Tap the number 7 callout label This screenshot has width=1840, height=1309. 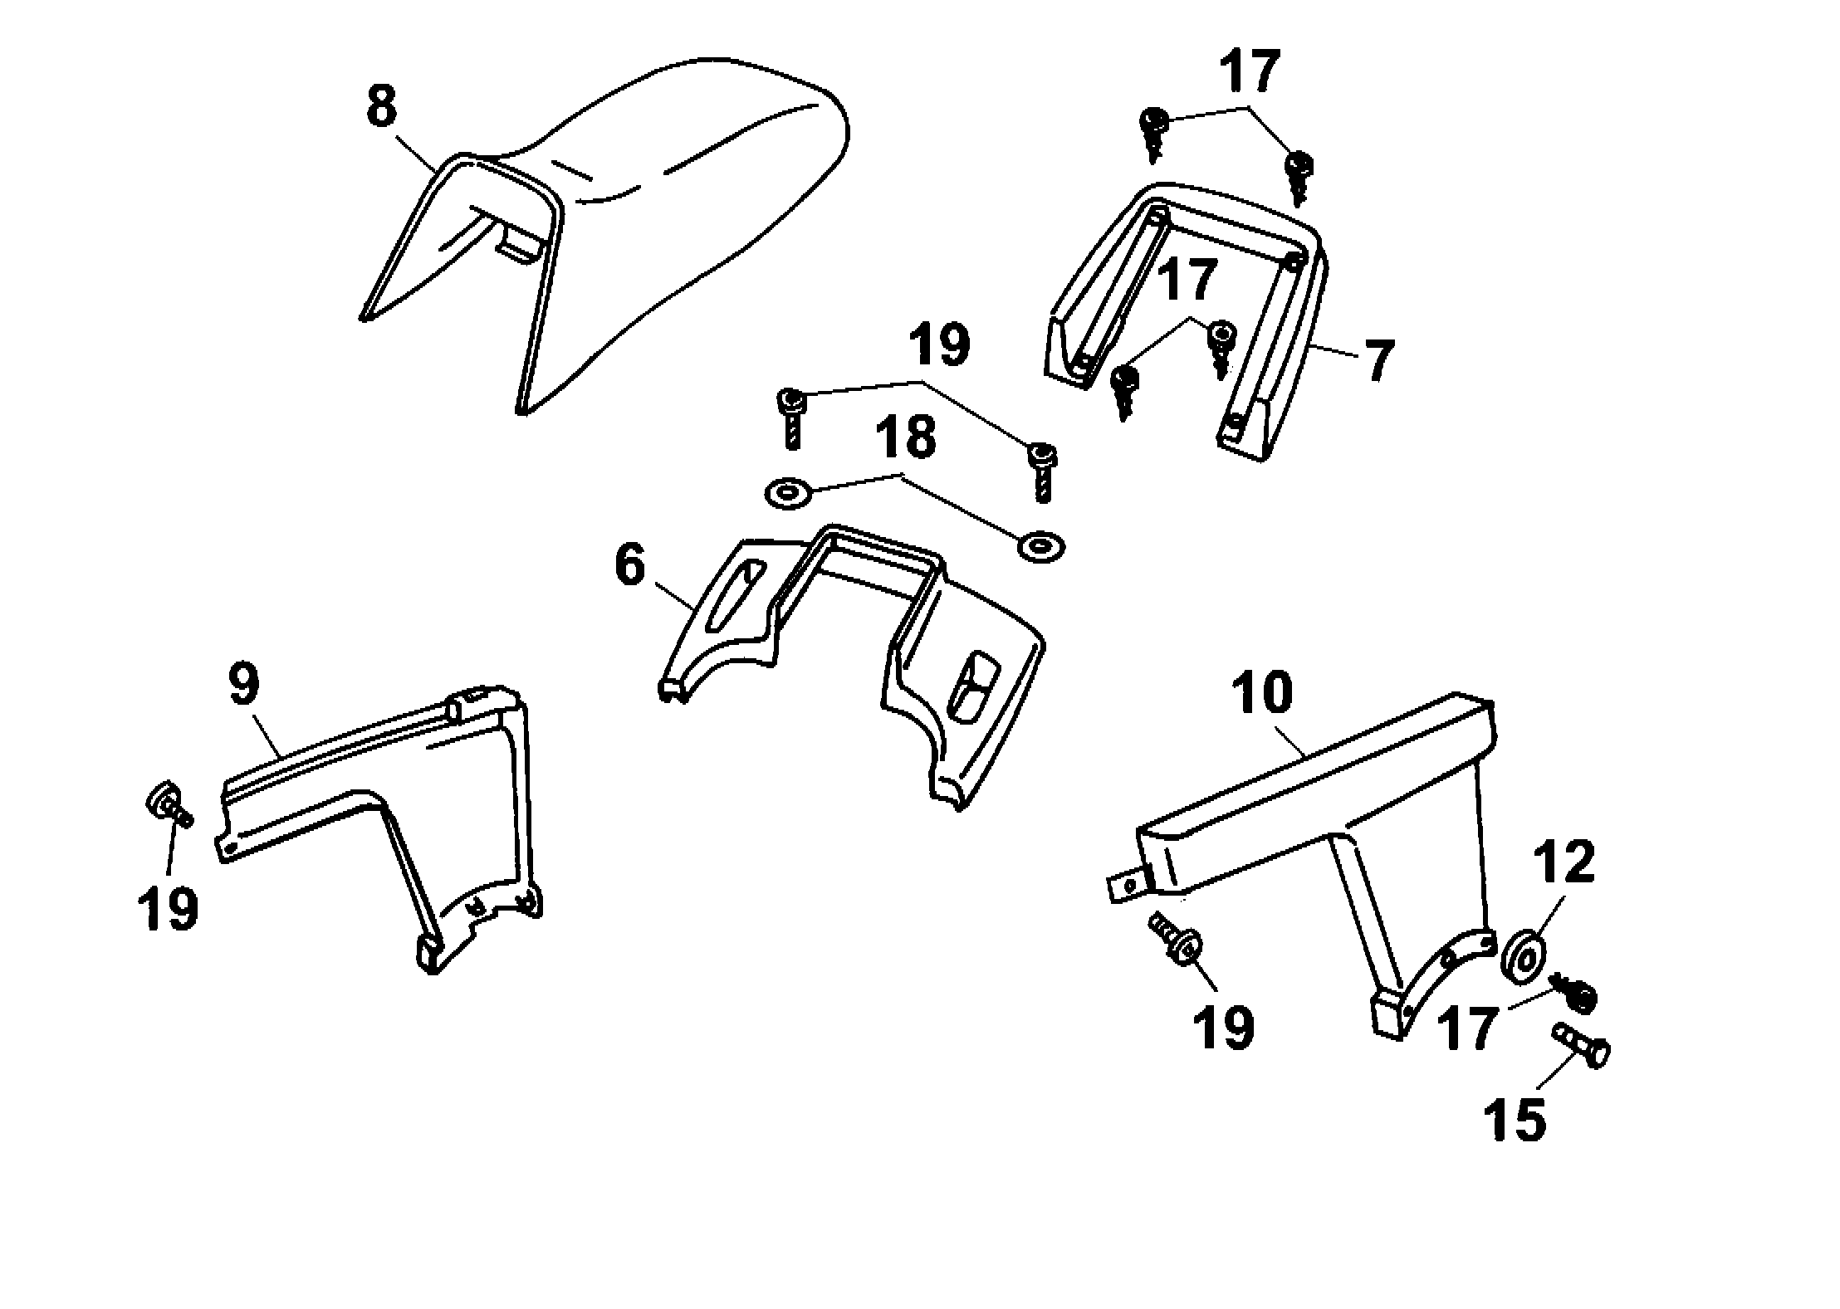click(x=1377, y=360)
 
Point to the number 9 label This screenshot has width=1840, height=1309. click(x=242, y=686)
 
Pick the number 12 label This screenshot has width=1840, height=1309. click(x=1564, y=862)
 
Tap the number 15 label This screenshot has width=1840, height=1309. click(x=1515, y=1120)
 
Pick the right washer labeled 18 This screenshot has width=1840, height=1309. click(x=1041, y=547)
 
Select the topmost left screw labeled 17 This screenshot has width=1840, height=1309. click(x=1152, y=133)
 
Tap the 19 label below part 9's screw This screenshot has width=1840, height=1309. click(x=168, y=909)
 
